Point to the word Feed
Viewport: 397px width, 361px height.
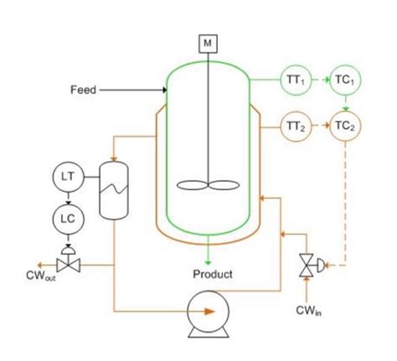tap(83, 90)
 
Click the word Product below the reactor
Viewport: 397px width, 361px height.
tap(213, 274)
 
